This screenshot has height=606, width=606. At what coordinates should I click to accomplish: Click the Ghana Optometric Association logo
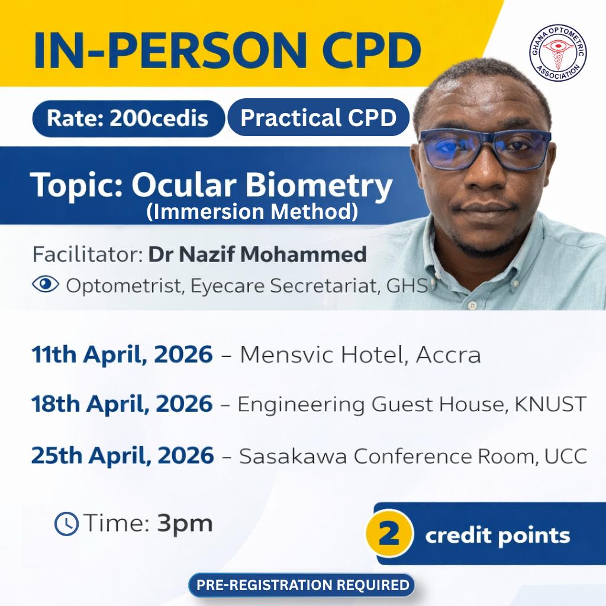[557, 53]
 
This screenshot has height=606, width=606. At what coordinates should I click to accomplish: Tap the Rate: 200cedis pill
[128, 118]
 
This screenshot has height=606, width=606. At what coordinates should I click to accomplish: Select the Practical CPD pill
[318, 117]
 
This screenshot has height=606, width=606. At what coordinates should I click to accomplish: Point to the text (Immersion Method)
[252, 212]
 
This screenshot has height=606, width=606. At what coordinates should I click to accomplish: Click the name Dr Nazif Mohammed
[257, 254]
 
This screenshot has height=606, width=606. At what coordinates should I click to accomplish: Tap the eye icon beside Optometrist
[46, 284]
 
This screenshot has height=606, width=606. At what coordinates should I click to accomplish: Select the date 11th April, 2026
[122, 354]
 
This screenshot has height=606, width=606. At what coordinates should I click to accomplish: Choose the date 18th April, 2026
[122, 404]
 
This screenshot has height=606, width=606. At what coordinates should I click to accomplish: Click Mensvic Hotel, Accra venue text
[360, 355]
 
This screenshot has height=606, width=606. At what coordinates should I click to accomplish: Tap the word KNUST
[550, 404]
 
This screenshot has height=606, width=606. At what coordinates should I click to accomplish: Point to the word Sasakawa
[293, 456]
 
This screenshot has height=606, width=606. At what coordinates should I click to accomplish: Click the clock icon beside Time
[66, 524]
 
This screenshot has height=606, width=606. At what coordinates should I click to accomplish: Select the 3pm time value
[185, 524]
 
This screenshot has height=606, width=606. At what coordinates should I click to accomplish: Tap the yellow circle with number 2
[389, 534]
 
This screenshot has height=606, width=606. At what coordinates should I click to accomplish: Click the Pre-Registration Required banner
[302, 585]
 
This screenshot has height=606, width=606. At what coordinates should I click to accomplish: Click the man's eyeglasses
[485, 149]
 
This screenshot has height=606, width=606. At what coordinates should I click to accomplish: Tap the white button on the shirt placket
[472, 305]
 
